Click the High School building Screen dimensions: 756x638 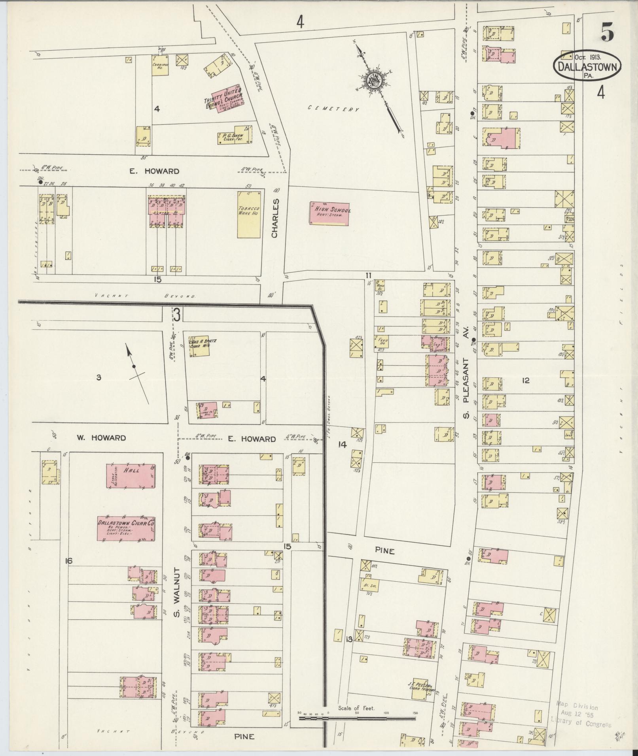click(329, 213)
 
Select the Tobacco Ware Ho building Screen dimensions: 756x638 click(249, 215)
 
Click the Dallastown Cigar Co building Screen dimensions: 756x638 click(126, 528)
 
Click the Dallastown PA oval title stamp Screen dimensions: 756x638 click(587, 65)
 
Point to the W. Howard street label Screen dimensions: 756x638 click(101, 438)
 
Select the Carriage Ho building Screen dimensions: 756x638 click(160, 65)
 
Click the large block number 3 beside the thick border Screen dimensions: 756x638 click(177, 316)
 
